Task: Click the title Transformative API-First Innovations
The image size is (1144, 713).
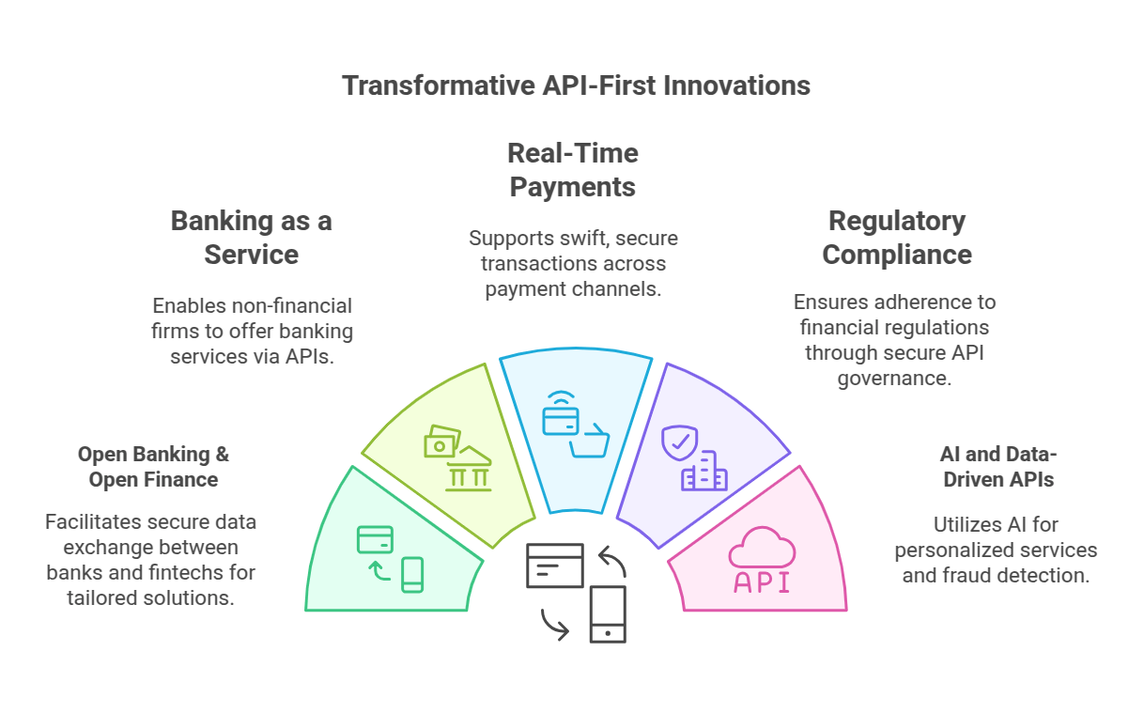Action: click(x=576, y=85)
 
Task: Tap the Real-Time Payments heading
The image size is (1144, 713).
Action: click(x=572, y=170)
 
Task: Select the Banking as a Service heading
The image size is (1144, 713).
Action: click(x=251, y=238)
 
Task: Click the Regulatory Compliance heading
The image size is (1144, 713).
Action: click(x=896, y=238)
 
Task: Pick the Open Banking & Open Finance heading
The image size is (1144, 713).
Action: click(x=153, y=467)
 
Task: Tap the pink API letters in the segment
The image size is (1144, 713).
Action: click(x=761, y=582)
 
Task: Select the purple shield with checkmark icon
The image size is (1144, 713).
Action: click(x=679, y=442)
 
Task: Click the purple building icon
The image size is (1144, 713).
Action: click(x=704, y=472)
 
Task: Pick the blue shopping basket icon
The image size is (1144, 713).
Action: click(x=589, y=440)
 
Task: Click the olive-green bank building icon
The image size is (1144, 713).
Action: click(x=468, y=471)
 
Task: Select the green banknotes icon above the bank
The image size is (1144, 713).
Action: click(x=441, y=442)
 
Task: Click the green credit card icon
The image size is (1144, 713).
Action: click(x=375, y=539)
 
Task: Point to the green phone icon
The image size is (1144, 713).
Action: click(x=412, y=575)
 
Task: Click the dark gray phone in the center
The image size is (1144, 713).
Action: click(x=608, y=613)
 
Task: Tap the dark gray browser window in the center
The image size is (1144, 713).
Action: click(x=554, y=566)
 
